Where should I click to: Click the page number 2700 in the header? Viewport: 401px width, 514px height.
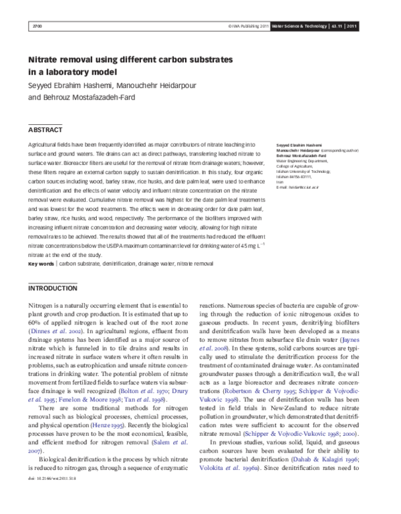tap(37, 26)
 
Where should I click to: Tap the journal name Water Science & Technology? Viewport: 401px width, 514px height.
tap(298, 26)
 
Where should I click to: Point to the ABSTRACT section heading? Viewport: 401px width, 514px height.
tap(45, 129)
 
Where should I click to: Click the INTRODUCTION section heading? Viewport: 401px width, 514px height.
tap(53, 288)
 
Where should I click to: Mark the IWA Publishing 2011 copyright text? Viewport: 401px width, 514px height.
tap(249, 26)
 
